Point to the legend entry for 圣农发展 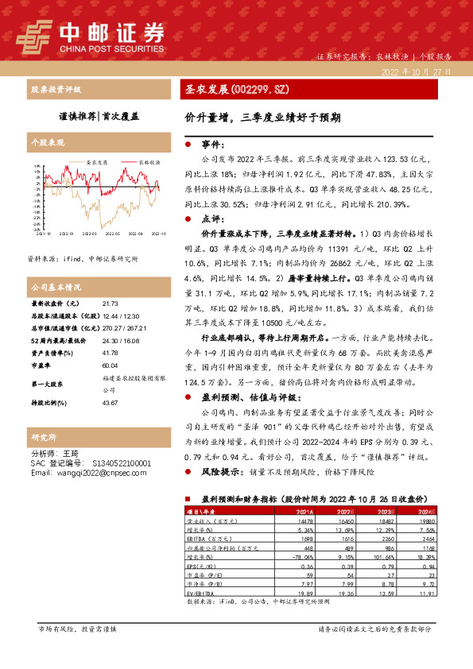coord(97,160)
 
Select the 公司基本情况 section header coord(55,286)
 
